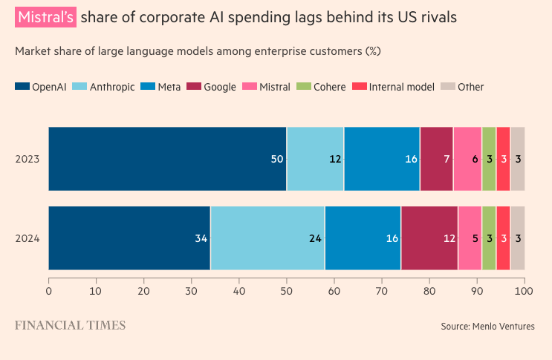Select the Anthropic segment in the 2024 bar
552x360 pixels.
[267, 238]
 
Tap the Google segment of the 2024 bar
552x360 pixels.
[429, 238]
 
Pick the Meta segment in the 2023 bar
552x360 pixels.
[382, 159]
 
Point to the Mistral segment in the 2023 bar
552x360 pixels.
[467, 159]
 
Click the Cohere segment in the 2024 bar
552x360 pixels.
[489, 238]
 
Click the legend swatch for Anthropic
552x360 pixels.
[80, 87]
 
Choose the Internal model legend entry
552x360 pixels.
[401, 87]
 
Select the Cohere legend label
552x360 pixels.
[329, 87]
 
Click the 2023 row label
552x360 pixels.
[27, 160]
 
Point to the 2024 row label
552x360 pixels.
[27, 239]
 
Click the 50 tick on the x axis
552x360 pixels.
[286, 292]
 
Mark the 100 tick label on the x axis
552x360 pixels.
[525, 292]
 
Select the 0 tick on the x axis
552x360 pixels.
[48, 292]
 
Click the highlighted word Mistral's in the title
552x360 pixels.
[45, 16]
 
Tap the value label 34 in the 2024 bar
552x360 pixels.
[201, 239]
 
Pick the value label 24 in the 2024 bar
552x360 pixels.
[315, 239]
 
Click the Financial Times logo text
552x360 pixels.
[70, 325]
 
